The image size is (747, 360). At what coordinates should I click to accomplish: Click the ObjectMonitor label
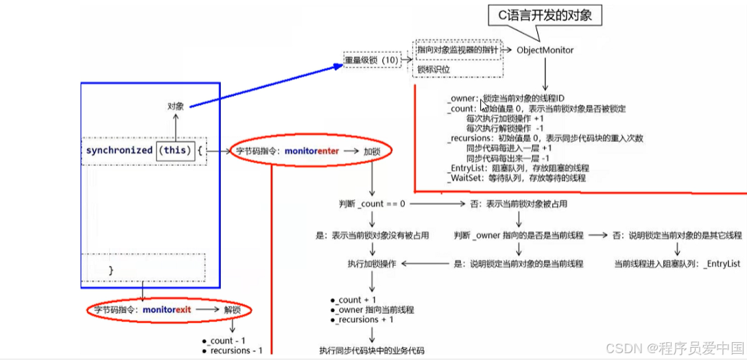(x=545, y=50)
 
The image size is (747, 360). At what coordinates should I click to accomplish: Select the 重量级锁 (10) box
(x=371, y=60)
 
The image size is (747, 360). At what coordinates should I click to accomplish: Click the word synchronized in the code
(x=119, y=149)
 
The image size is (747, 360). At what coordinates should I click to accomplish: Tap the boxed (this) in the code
(x=175, y=149)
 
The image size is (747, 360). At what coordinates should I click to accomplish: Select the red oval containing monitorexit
(x=169, y=310)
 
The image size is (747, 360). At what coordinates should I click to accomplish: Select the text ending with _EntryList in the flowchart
(x=677, y=263)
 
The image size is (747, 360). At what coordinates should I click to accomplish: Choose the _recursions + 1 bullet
(x=366, y=320)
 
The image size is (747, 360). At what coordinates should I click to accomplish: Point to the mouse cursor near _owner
(x=485, y=106)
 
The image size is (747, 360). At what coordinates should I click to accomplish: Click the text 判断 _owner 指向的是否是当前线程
(x=519, y=235)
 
